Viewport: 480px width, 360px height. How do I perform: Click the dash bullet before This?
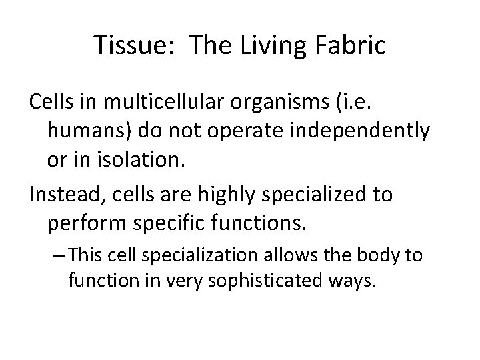58,256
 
